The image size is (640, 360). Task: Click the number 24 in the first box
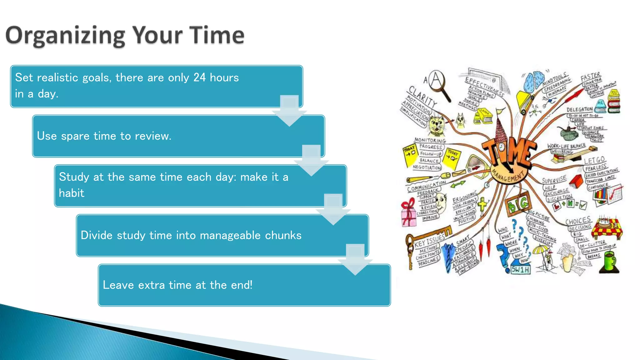click(199, 77)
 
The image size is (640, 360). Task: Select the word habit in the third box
click(72, 193)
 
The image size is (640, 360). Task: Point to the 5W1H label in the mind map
click(520, 269)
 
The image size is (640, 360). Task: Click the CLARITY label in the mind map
click(422, 97)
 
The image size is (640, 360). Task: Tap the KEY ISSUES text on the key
click(430, 241)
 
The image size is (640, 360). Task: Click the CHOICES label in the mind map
click(578, 221)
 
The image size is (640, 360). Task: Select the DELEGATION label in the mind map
click(579, 109)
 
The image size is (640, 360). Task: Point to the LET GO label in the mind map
click(594, 161)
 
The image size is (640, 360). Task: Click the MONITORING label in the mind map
click(430, 140)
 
